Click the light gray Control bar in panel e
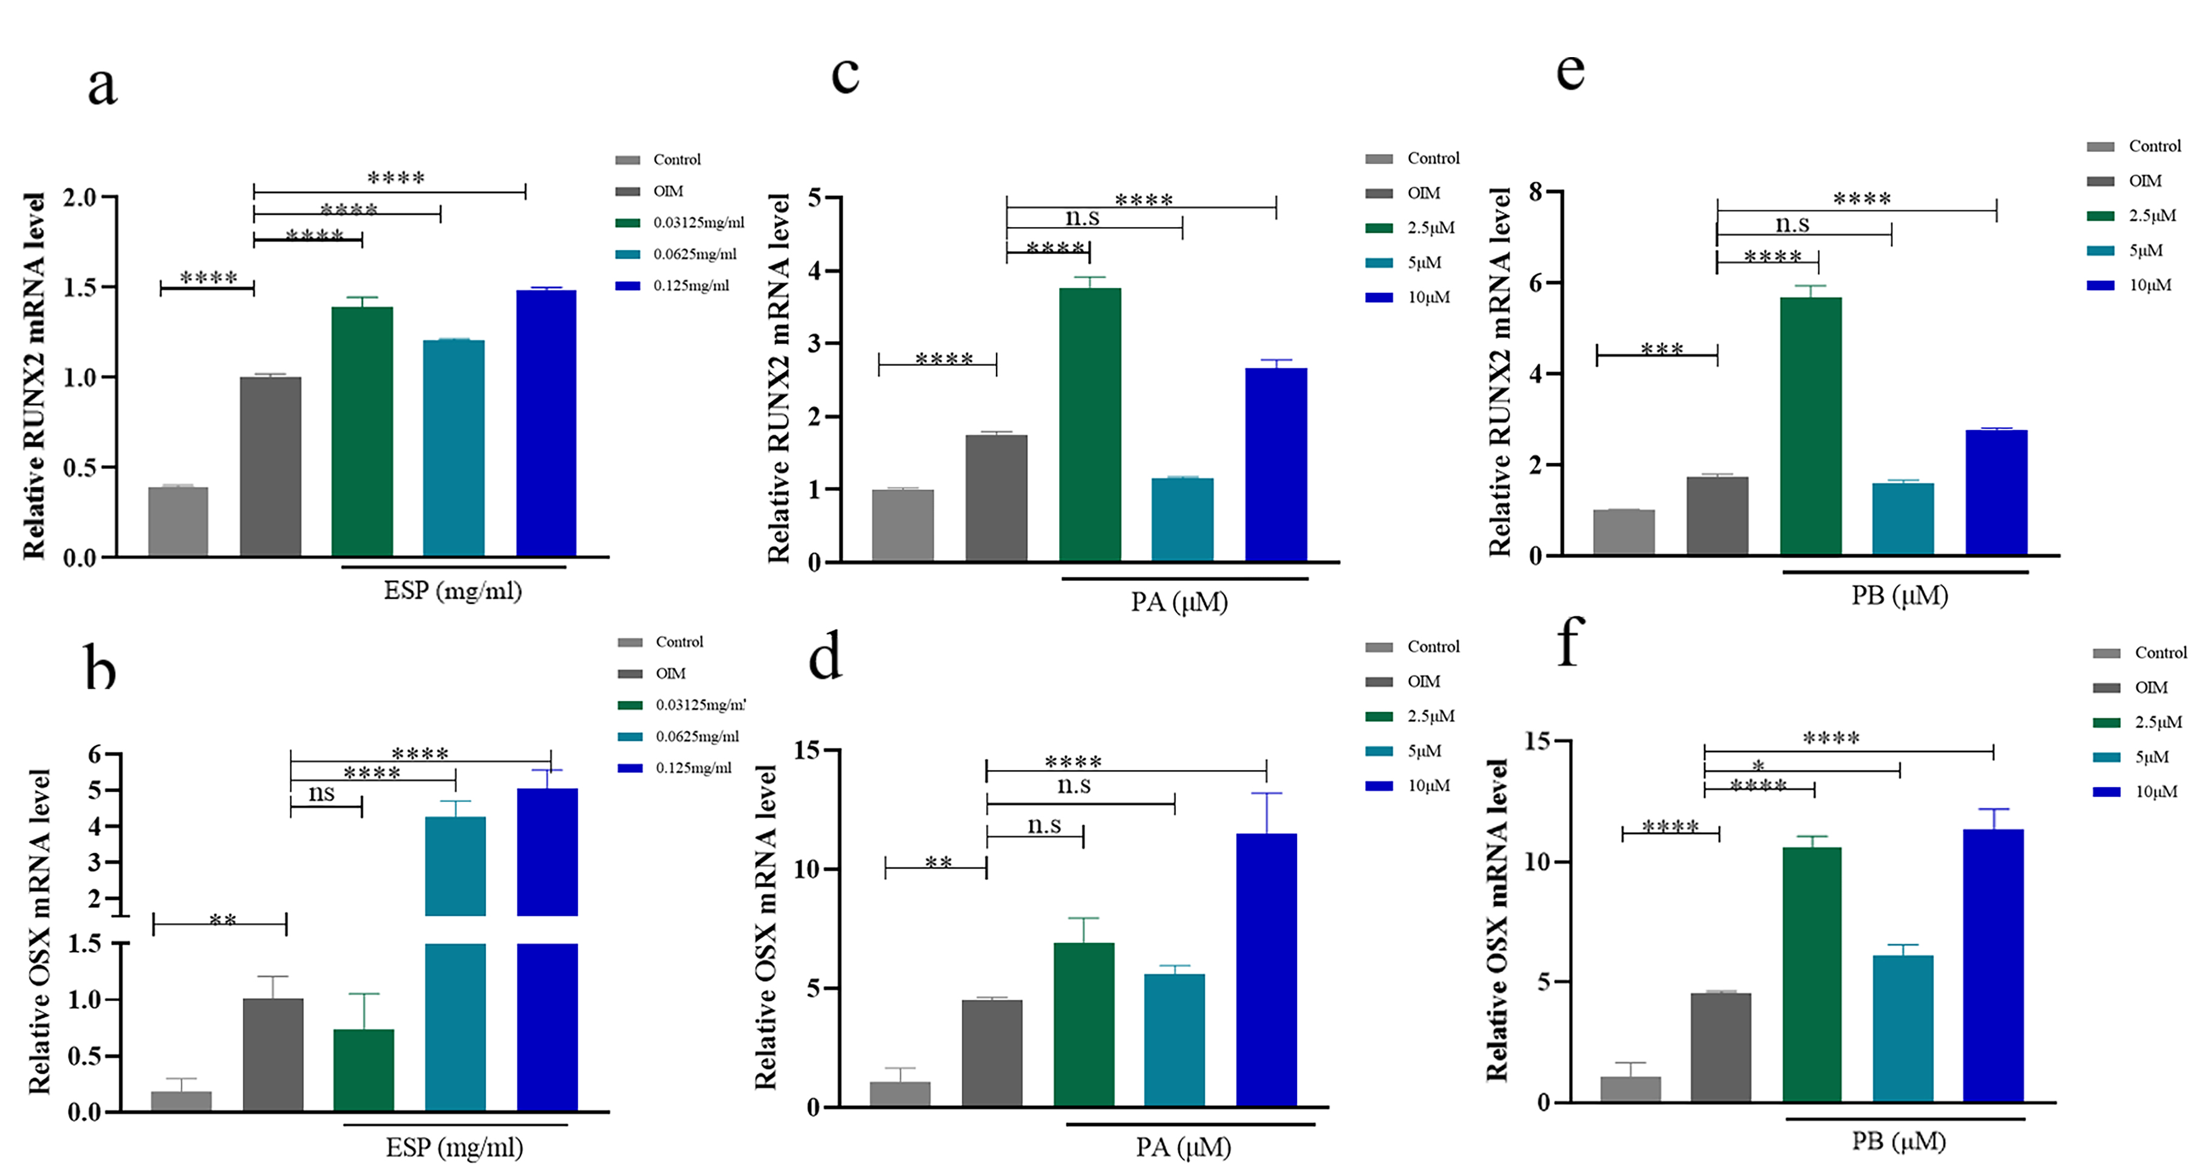click(x=1623, y=532)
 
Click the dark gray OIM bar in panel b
click(x=273, y=1054)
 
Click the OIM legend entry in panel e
click(x=2144, y=181)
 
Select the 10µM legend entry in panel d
click(x=1428, y=785)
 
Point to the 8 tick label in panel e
click(x=1535, y=192)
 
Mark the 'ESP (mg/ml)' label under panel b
click(x=454, y=1148)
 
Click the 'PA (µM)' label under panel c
click(x=1179, y=602)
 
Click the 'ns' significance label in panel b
click(x=321, y=793)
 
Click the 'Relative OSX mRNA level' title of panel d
click(x=766, y=927)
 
